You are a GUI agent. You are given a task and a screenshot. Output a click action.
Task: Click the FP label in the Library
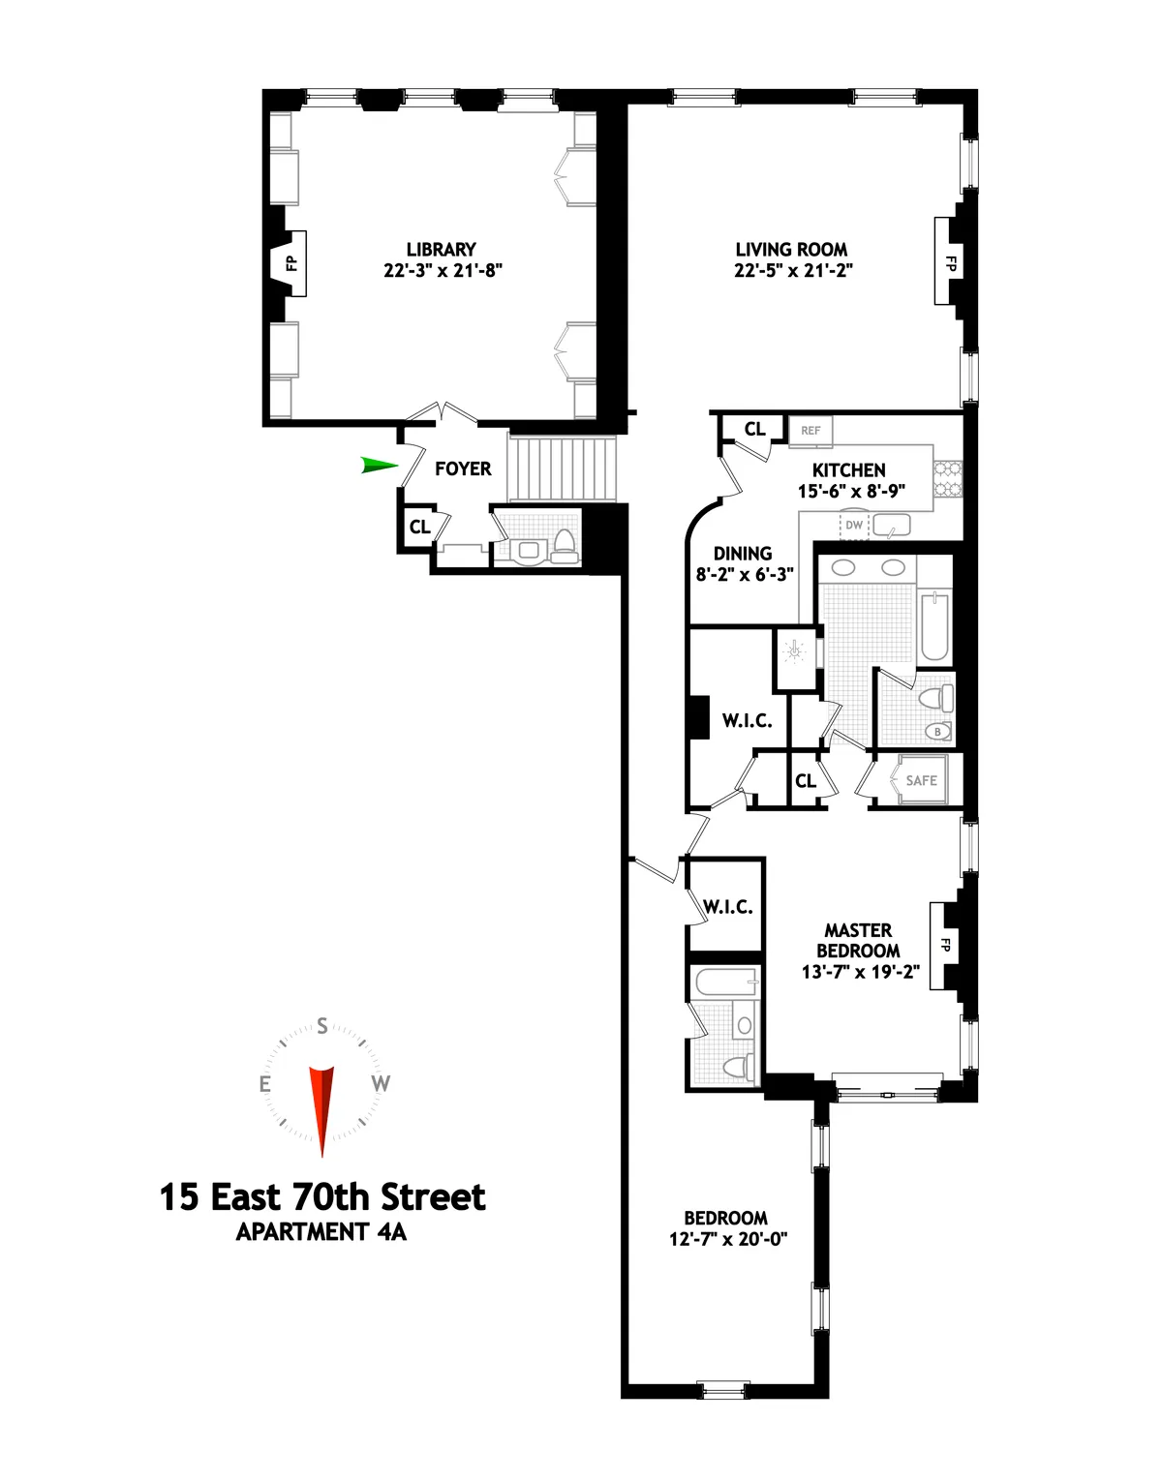290,262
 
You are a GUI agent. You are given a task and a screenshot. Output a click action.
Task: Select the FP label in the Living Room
950,262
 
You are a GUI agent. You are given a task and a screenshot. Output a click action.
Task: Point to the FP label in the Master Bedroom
945,946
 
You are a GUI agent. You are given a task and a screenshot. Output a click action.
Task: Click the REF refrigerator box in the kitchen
810,431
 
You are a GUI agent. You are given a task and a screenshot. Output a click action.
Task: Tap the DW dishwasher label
854,526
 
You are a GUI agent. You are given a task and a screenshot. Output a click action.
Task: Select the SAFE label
921,780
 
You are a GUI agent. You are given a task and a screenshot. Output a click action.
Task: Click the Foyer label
463,468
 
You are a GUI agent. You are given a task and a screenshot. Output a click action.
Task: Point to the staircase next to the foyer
563,468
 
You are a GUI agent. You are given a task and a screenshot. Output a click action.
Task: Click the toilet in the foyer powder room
565,546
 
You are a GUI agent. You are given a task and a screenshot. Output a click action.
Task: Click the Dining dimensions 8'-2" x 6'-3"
745,574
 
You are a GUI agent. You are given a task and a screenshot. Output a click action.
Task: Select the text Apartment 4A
321,1232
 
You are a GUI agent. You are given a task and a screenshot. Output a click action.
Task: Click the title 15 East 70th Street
321,1197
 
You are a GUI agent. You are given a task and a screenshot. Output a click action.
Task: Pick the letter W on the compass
381,1083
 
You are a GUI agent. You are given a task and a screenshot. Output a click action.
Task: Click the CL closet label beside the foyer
419,528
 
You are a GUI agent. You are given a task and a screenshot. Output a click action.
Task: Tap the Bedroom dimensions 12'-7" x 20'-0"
728,1238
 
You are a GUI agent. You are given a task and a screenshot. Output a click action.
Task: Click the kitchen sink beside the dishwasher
891,526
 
